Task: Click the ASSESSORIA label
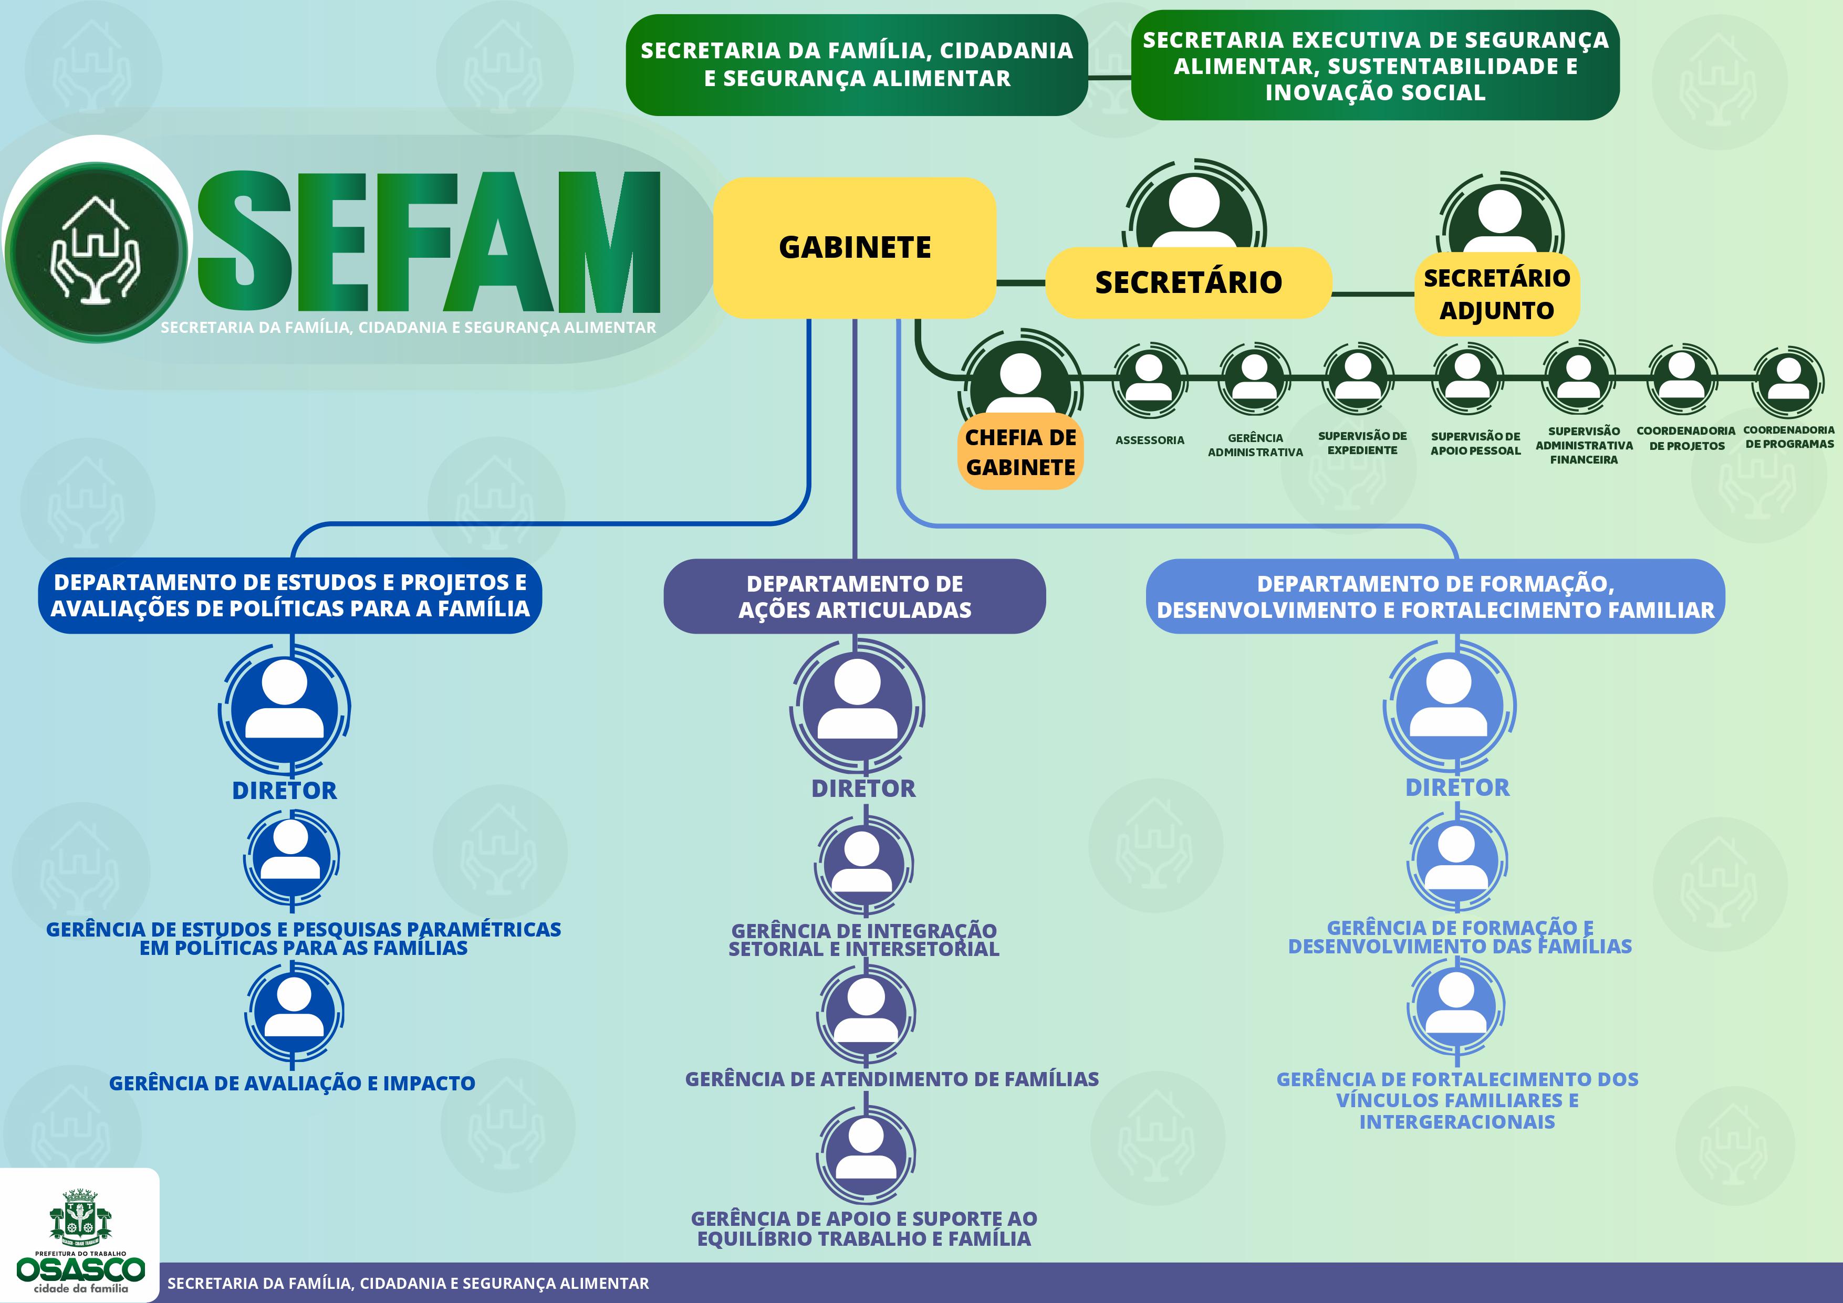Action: click(x=1150, y=440)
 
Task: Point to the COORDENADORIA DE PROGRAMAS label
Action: click(x=1788, y=437)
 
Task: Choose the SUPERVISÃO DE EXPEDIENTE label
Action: click(x=1362, y=443)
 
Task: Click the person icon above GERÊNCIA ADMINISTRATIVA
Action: click(x=1254, y=379)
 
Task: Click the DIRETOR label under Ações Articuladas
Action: click(x=863, y=789)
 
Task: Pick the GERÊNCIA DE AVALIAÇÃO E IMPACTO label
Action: click(x=292, y=1083)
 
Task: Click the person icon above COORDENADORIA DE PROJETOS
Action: click(x=1682, y=377)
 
